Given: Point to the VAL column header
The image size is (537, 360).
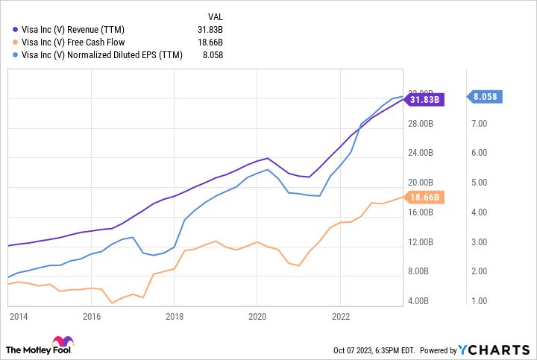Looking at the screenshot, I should click(213, 15).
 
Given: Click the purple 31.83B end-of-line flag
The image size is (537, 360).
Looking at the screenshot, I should click(425, 99).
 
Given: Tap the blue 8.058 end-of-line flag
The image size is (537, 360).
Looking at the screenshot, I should click(485, 96).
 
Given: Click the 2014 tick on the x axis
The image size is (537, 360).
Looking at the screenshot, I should click(19, 316).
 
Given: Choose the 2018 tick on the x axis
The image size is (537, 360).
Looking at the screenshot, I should click(174, 316).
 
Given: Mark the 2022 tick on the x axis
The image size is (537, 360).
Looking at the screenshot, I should click(340, 316).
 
